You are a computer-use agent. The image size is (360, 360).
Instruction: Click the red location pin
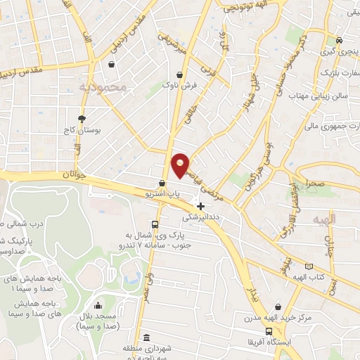pyautogui.click(x=181, y=165)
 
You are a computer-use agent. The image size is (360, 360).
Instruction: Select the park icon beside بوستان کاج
pyautogui.click(x=82, y=118)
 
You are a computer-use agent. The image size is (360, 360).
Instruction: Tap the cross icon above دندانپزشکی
pyautogui.click(x=202, y=206)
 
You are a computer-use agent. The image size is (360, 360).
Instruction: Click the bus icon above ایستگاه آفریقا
pyautogui.click(x=268, y=332)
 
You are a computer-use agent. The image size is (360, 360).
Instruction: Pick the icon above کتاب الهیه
pyautogui.click(x=309, y=266)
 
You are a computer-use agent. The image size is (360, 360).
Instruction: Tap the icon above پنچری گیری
pyautogui.click(x=340, y=40)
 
